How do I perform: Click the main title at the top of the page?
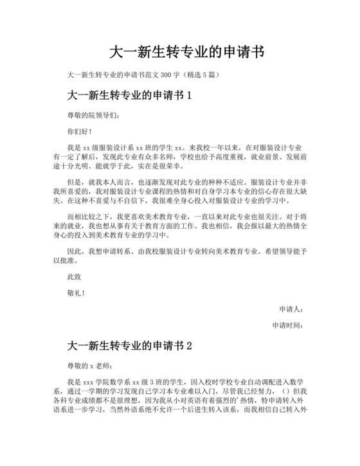[180, 51]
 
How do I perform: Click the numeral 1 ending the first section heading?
[189, 96]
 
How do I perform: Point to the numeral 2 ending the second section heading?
[189, 346]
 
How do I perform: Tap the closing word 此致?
[74, 276]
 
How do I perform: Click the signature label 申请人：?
[291, 309]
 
